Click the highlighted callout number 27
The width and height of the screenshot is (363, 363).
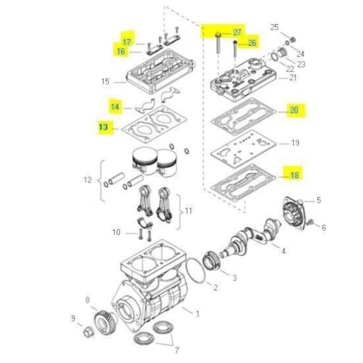click(x=237, y=32)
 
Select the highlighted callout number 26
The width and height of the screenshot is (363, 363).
click(x=252, y=42)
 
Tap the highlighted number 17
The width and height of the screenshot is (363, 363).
click(x=126, y=41)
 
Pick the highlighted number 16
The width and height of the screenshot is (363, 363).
click(x=121, y=52)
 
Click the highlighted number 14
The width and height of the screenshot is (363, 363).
click(x=115, y=106)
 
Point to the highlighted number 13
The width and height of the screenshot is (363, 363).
click(x=105, y=127)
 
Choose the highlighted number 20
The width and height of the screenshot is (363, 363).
click(x=294, y=111)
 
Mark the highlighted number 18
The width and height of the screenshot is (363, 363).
click(x=294, y=175)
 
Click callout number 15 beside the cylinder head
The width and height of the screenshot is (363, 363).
click(x=105, y=82)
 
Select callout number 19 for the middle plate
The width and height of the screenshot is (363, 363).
click(x=295, y=143)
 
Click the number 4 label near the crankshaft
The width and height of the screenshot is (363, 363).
click(x=283, y=252)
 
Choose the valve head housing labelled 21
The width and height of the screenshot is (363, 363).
click(x=246, y=84)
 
